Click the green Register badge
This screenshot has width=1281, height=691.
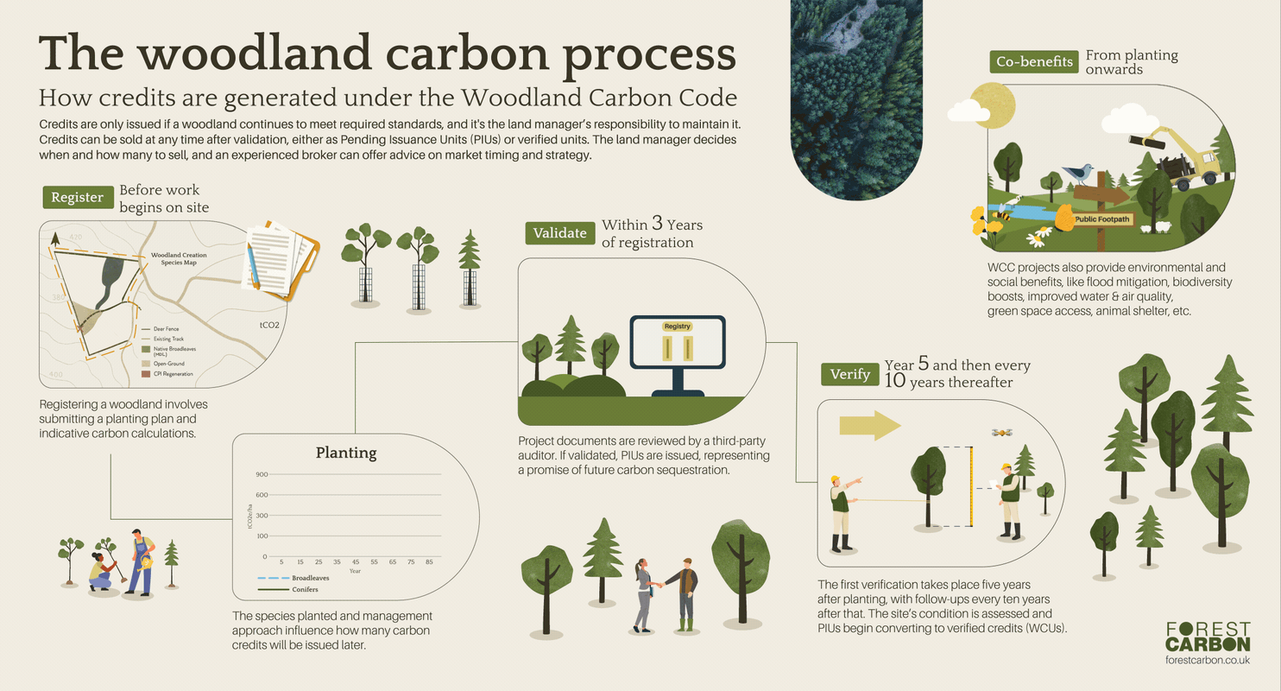[x=77, y=197]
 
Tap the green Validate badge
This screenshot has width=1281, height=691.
[x=559, y=232]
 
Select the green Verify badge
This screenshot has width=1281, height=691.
[x=849, y=374]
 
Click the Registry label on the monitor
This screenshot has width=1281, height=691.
[x=678, y=326]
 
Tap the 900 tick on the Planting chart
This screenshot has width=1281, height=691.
[x=262, y=474]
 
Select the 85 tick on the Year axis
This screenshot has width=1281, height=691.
[x=429, y=562]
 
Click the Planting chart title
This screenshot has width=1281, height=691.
[x=346, y=453]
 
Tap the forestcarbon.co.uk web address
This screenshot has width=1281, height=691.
[x=1207, y=660]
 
